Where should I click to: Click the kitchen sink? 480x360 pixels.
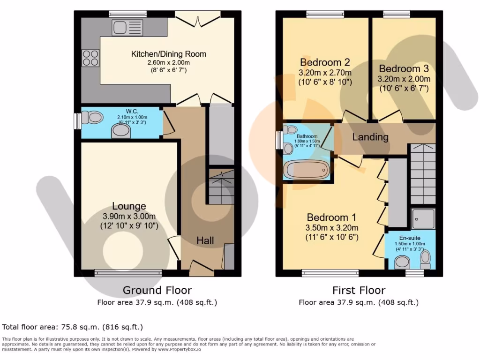pos(124,27)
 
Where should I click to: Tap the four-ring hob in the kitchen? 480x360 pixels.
pos(90,58)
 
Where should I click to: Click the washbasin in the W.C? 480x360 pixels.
pos(121,131)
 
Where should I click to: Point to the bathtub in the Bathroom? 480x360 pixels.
pos(306,170)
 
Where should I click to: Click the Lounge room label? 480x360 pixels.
pos(129,206)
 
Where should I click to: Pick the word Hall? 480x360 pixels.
pos(205,240)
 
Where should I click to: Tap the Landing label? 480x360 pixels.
pos(370,137)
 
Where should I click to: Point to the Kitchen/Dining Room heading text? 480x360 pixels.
pos(168,54)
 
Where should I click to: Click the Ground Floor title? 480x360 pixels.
pos(157,290)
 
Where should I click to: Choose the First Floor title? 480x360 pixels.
pos(359,290)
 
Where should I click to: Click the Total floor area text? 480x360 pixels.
pos(73,327)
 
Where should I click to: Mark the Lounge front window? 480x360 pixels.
pos(128,272)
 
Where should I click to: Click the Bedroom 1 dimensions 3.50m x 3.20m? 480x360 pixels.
pos(332,228)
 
